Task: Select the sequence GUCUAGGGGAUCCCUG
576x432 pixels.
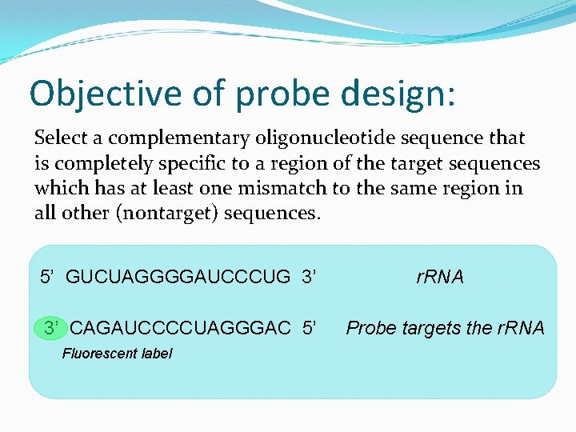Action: click(x=178, y=278)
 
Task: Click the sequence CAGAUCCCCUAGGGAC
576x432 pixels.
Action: click(x=180, y=328)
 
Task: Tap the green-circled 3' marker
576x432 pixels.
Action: click(x=52, y=328)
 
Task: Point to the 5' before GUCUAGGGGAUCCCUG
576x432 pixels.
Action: click(x=49, y=278)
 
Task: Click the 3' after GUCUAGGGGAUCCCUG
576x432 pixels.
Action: click(x=310, y=278)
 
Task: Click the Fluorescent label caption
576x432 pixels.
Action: click(x=117, y=354)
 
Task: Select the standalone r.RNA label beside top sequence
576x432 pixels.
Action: click(x=439, y=278)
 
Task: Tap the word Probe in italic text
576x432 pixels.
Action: click(x=367, y=328)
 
